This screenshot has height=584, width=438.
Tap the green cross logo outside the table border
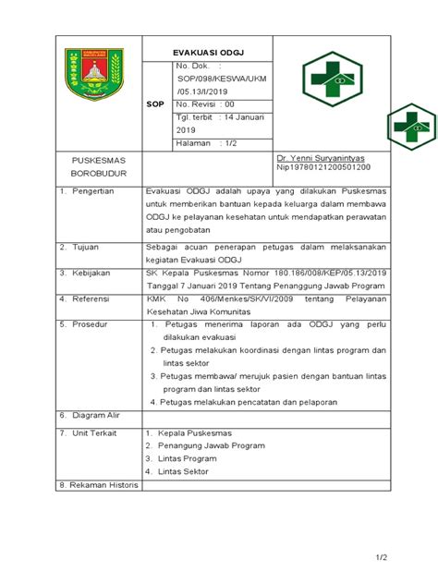click(411, 124)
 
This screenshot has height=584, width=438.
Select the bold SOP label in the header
click(155, 105)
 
